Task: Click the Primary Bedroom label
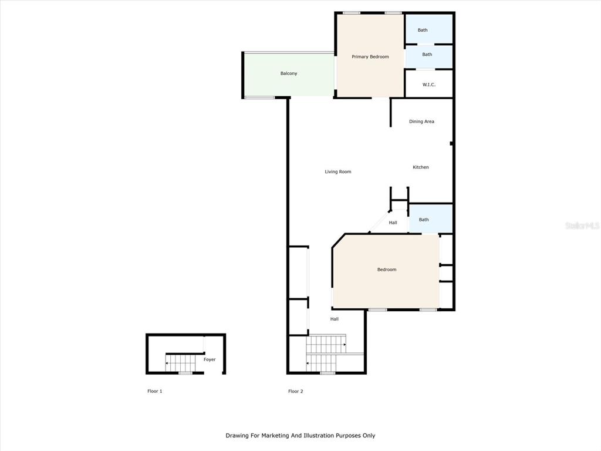pos(370,57)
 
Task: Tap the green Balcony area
pos(289,75)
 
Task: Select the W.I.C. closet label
pos(429,85)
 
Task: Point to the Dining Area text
pos(421,122)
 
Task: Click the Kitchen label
pos(420,167)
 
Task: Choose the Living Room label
pos(338,172)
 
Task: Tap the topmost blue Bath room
pos(429,29)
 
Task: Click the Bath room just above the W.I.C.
pos(429,57)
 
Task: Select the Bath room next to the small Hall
pos(431,218)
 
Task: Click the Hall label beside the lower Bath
pos(393,223)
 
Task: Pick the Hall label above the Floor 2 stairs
pos(335,319)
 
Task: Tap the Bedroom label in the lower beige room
pos(387,270)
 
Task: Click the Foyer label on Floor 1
pos(210,359)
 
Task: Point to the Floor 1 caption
pos(155,391)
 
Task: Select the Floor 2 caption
pos(296,391)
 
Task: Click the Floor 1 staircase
pos(181,363)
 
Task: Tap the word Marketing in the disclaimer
pos(275,436)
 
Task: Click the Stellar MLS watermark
pos(582,225)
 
